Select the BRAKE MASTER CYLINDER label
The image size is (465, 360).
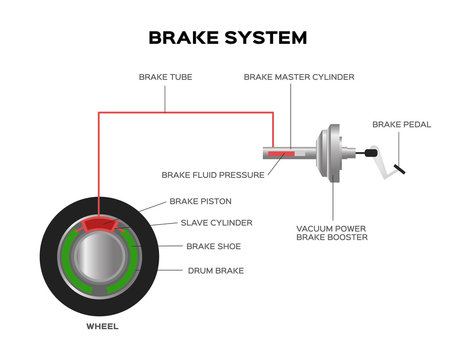(300, 76)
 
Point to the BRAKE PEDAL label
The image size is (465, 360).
(401, 124)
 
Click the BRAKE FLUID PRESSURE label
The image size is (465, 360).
(213, 174)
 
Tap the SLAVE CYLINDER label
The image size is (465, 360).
(216, 222)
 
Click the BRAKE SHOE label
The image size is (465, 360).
(213, 245)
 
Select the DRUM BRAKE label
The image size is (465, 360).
(215, 270)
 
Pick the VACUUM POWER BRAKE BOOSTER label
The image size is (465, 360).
(331, 233)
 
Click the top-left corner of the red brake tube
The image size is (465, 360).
(98, 113)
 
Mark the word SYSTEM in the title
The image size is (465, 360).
(265, 38)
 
